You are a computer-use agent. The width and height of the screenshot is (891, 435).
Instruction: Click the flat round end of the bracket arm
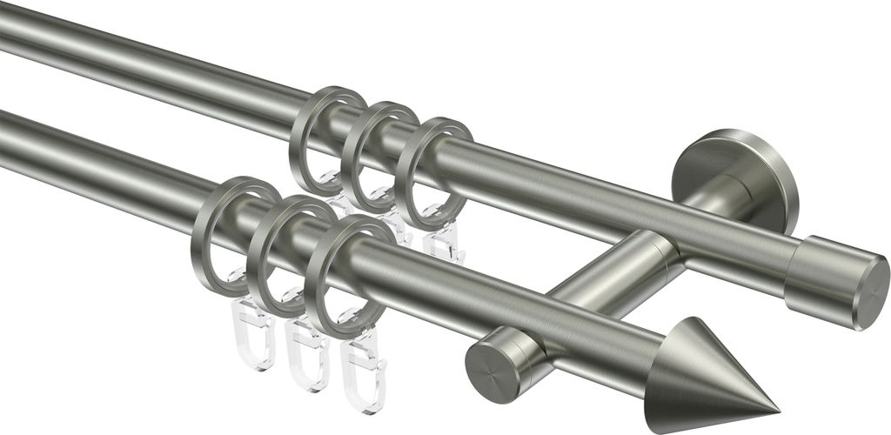click(492, 365)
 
